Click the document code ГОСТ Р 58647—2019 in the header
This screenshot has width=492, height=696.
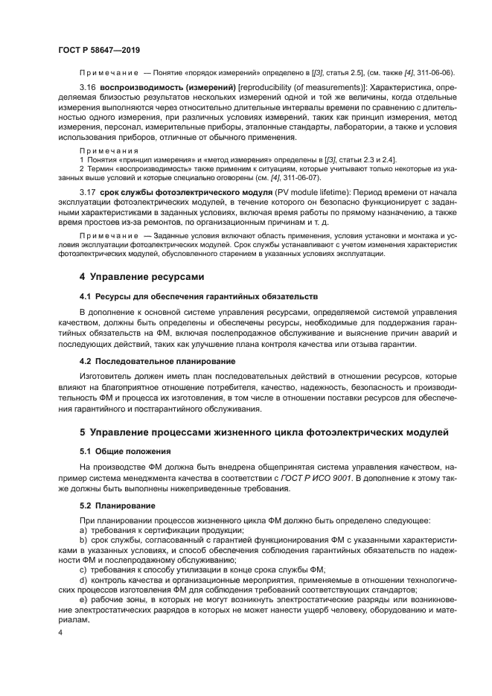(x=99, y=49)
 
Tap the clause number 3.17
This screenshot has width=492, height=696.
(x=88, y=191)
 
